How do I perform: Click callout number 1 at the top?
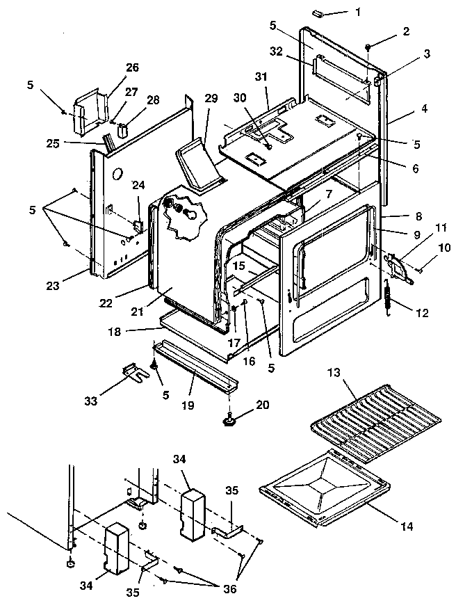(357, 12)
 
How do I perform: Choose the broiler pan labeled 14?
(321, 488)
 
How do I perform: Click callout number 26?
(132, 67)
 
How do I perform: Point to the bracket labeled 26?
(90, 110)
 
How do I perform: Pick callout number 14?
(407, 526)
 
